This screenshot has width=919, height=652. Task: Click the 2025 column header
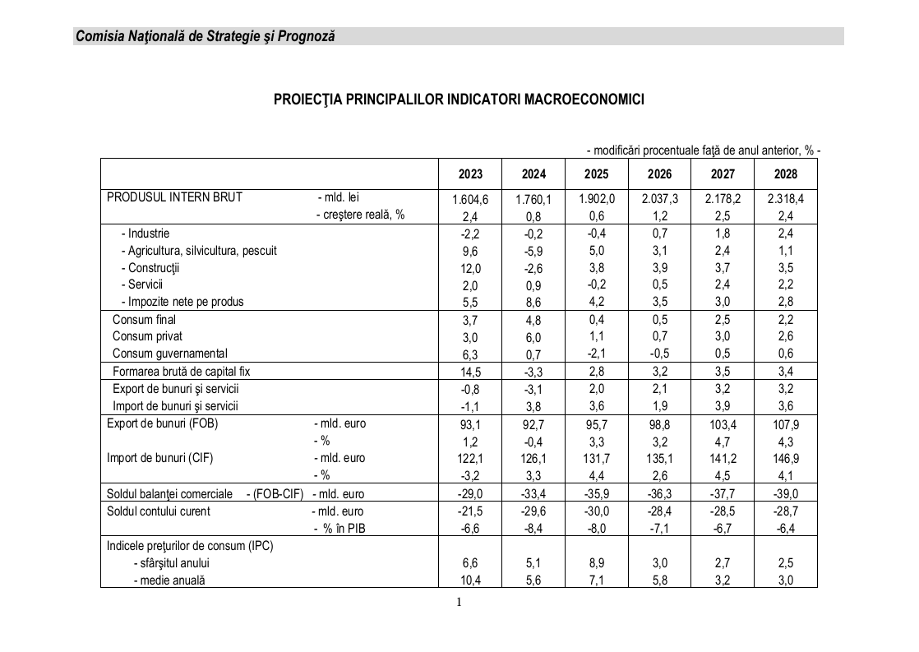(596, 174)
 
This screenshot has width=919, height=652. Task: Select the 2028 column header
(785, 174)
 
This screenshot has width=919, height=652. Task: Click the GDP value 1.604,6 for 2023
(470, 199)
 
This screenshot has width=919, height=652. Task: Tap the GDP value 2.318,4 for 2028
(785, 199)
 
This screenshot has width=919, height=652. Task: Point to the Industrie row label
(145, 234)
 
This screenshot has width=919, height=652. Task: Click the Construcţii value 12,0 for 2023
(470, 268)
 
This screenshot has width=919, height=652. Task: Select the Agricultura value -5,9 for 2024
(533, 251)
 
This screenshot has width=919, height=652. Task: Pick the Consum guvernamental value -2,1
(596, 354)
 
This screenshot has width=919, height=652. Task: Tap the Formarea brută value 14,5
(470, 372)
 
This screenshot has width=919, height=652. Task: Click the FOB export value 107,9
(785, 424)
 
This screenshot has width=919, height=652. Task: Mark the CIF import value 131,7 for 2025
(596, 459)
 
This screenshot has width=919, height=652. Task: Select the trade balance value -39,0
(785, 493)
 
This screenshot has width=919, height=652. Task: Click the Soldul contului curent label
(158, 511)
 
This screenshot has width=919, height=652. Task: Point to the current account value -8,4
(533, 528)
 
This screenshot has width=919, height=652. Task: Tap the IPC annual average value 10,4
(470, 580)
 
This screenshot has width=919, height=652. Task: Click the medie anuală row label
(169, 580)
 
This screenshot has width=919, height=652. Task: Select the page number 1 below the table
(459, 602)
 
